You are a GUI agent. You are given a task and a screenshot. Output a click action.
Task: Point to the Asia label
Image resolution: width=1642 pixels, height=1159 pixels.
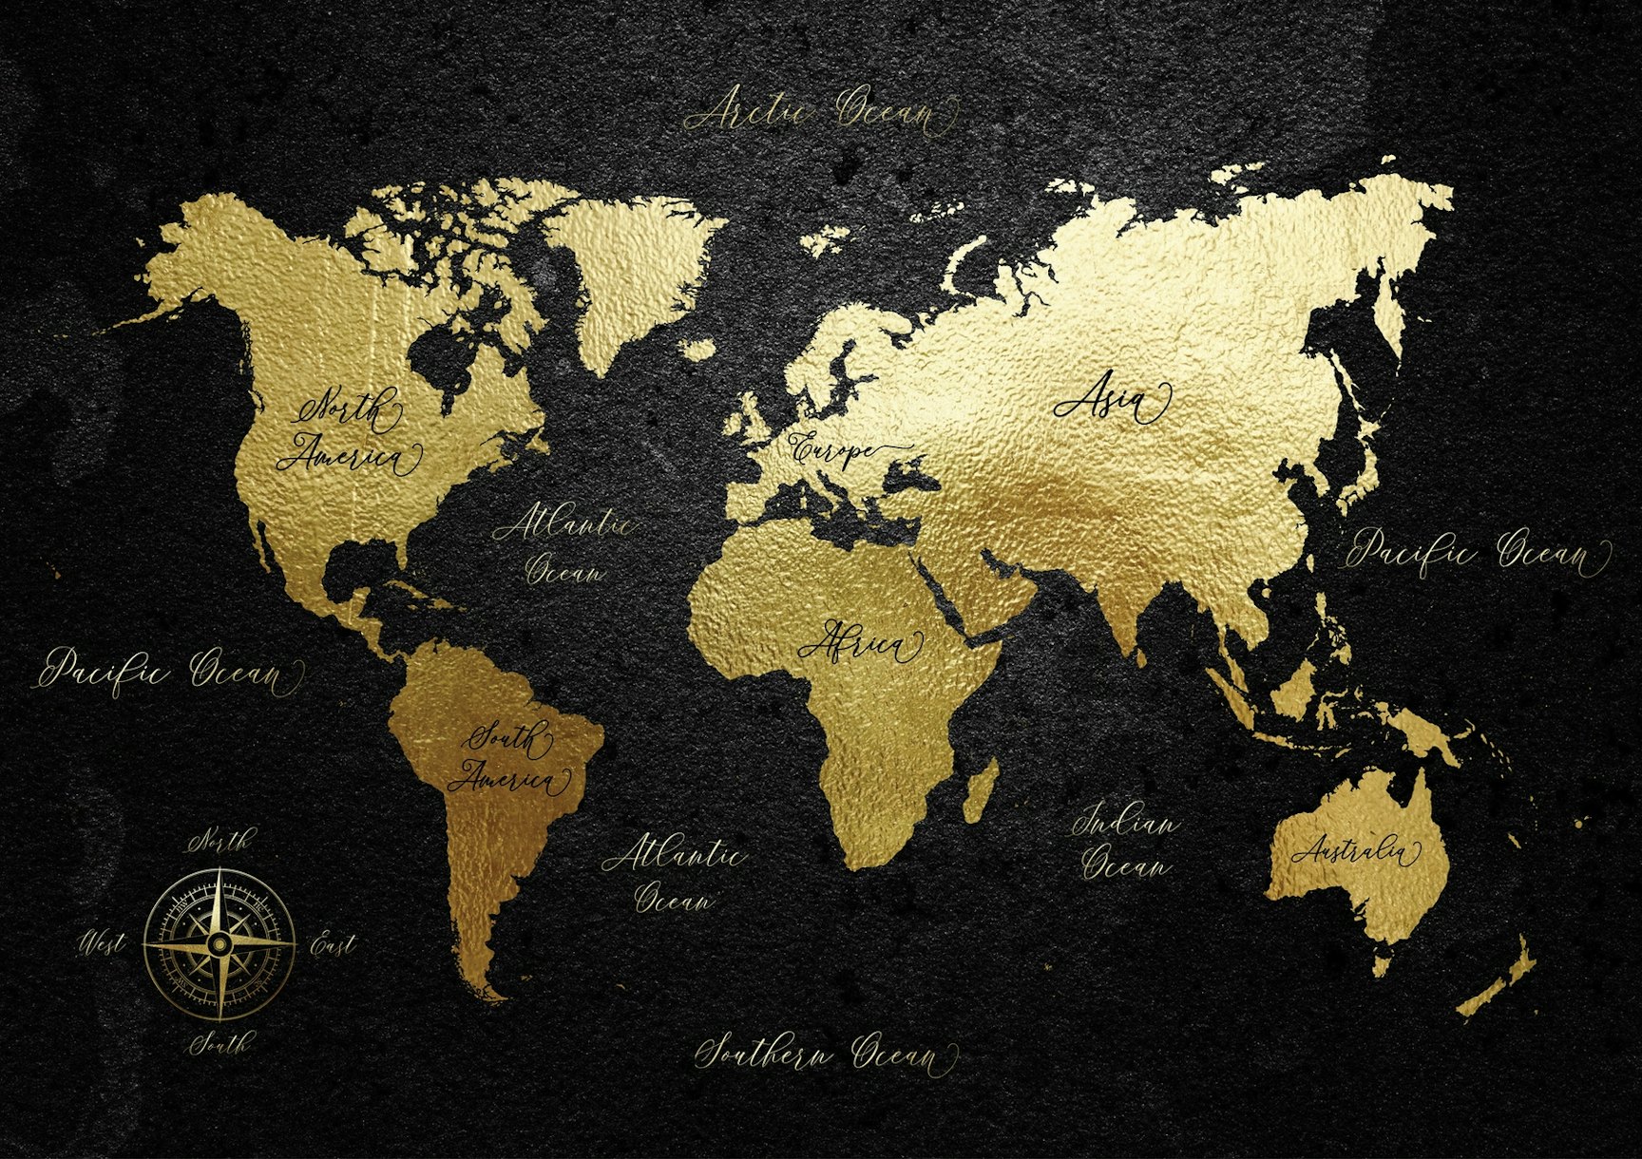tap(1110, 404)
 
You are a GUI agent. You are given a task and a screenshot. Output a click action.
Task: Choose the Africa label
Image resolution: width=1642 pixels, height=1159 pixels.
tap(861, 644)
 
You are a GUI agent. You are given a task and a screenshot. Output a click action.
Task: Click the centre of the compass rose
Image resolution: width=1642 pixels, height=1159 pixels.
tap(220, 942)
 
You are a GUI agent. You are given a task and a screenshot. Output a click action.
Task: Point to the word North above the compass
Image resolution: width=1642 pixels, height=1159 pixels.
tap(221, 841)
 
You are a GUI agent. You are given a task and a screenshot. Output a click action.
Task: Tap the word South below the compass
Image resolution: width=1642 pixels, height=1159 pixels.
tap(220, 1045)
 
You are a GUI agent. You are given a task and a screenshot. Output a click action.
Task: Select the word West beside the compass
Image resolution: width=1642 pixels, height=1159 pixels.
tap(102, 944)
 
